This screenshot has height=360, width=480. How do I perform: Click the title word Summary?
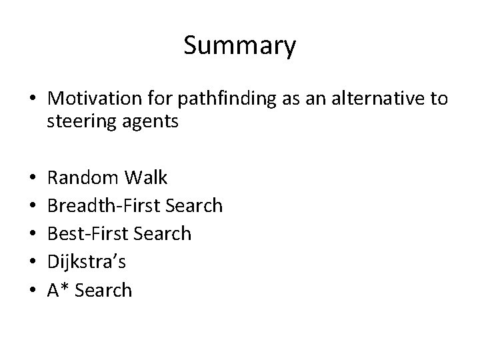[239, 46]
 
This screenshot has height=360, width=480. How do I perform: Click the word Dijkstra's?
[86, 261]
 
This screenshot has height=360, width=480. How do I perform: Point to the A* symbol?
[56, 290]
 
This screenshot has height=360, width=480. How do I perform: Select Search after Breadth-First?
[192, 205]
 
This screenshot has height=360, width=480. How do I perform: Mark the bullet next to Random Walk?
[33, 178]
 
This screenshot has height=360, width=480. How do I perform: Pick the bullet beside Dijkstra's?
[33, 262]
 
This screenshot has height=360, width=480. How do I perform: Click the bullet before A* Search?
[33, 291]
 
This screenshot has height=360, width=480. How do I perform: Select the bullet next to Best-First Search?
[33, 234]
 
